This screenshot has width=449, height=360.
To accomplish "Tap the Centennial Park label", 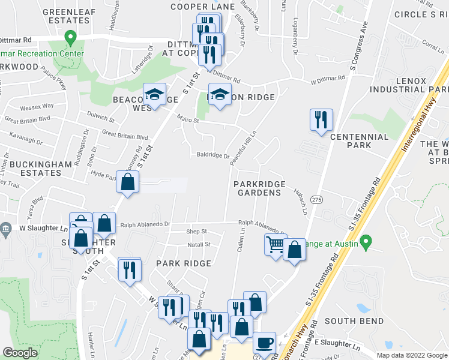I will coord(359,141).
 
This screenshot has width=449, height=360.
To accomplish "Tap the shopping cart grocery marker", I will coord(275,244).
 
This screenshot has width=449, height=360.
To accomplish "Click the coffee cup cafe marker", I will coord(264,343).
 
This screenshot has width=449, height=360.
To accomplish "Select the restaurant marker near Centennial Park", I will coord(321,119).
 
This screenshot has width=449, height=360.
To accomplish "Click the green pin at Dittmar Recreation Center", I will coord(70,38).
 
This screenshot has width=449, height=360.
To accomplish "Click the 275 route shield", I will coord(318,199).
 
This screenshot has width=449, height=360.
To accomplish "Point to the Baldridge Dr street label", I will coord(213,155).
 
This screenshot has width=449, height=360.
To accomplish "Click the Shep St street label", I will coord(196,232).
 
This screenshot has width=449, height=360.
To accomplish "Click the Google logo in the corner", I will coord(20,353).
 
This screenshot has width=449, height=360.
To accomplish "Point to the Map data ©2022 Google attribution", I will coord(411,355).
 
